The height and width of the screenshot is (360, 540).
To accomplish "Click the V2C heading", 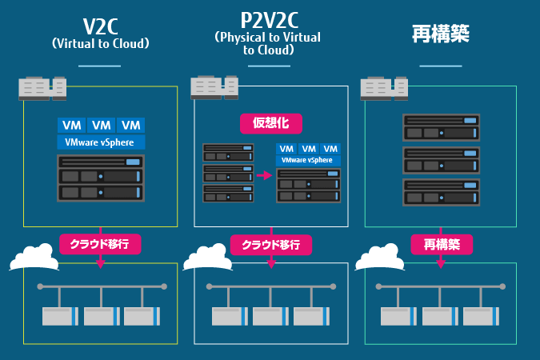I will point(100,25).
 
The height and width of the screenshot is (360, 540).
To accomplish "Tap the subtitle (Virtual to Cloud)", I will point(100,43).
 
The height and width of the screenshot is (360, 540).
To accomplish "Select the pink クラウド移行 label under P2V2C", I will point(270,245).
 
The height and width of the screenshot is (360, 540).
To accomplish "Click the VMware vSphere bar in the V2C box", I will point(101,142).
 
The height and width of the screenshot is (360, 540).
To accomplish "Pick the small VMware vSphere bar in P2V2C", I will point(307,161).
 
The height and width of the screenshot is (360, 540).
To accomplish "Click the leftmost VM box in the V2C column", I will point(71,126).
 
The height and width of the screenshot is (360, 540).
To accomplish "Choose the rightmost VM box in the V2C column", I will point(130,126).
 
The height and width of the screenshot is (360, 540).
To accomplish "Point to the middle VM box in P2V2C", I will point(308,149).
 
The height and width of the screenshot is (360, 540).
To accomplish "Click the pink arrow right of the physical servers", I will point(265,175).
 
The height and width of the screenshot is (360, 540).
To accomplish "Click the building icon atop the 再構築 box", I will point(384,87).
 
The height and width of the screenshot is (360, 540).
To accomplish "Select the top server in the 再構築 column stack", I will point(440,128).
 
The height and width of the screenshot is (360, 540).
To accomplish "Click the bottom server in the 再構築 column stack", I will point(440,193).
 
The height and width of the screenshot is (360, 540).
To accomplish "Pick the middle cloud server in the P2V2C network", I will point(270,316).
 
